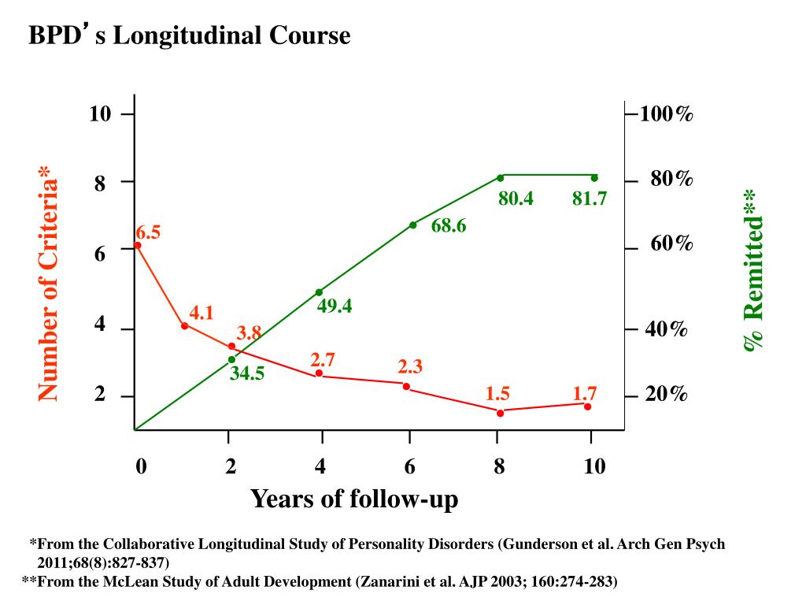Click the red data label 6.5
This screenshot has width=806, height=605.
(x=148, y=232)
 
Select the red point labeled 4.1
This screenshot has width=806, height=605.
(x=185, y=325)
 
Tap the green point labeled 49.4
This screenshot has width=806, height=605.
(x=319, y=292)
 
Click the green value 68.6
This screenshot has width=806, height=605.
(x=449, y=227)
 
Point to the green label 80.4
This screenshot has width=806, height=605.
(x=516, y=199)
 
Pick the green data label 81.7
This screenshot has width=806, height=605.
(x=590, y=199)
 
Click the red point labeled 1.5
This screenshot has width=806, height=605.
(x=500, y=412)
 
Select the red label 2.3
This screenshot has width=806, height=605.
(x=410, y=366)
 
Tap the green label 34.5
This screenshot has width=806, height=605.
(x=247, y=374)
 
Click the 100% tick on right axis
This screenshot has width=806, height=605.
(x=667, y=115)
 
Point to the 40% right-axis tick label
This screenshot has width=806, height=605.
(x=667, y=329)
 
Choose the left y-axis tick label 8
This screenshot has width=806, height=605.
(x=100, y=184)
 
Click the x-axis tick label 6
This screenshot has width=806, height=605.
(x=410, y=467)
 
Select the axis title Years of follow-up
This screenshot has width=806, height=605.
(x=354, y=499)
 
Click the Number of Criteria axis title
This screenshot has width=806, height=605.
(x=49, y=284)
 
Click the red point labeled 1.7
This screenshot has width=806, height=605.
(x=587, y=406)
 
